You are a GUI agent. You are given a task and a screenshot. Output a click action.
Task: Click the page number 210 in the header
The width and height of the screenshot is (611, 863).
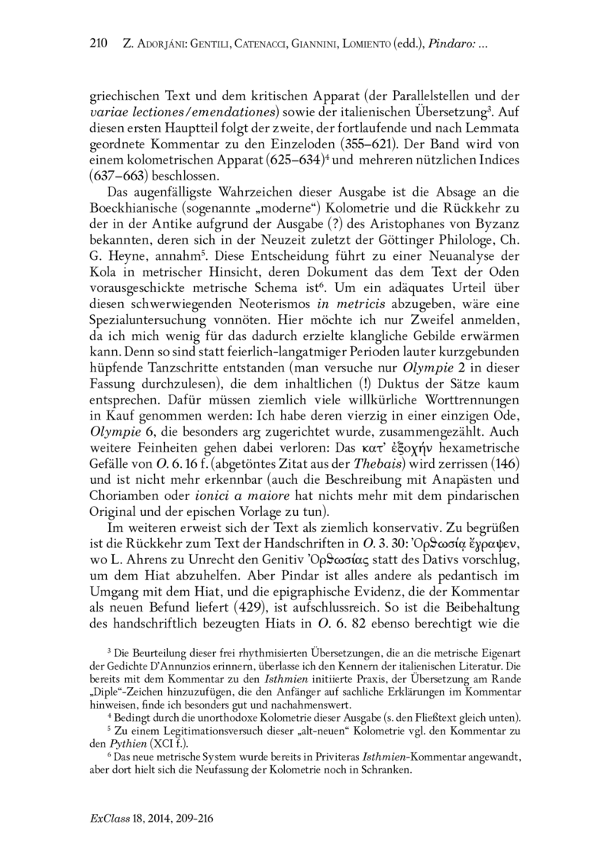tap(100, 45)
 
